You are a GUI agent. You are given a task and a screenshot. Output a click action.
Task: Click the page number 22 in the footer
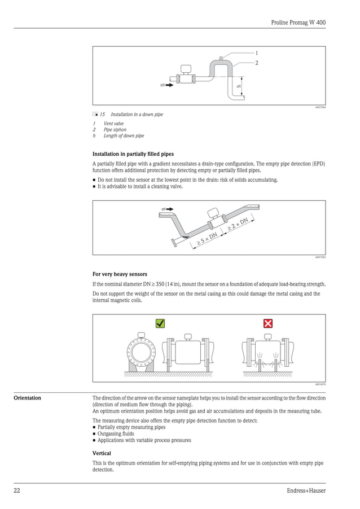17,490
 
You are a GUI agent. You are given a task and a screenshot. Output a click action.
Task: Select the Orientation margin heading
27,398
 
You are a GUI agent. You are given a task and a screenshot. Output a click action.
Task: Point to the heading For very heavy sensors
120,274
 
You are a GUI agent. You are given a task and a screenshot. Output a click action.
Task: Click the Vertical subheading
102,453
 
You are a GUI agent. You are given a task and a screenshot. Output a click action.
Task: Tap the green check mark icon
160,323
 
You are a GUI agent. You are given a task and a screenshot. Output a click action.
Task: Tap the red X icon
268,323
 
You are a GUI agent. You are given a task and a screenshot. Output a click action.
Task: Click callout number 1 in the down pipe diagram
256,52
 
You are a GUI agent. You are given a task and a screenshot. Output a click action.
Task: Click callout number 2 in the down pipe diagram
256,63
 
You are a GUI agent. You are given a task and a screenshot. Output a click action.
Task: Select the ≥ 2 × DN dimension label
238,224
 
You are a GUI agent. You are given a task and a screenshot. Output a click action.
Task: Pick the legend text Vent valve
113,123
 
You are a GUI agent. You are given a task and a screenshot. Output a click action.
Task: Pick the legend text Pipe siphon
115,129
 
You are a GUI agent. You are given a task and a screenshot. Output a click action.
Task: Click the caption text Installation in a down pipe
137,115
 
